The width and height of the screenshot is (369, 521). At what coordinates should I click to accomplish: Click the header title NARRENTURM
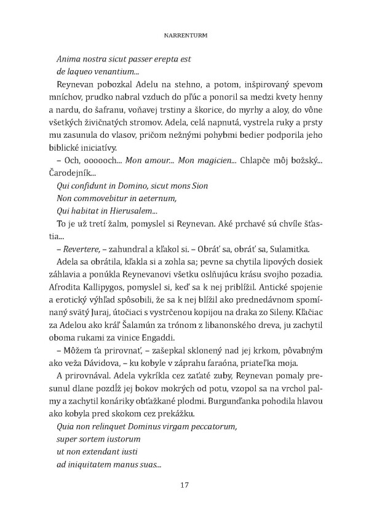point(184,36)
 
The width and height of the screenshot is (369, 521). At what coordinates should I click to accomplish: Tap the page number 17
point(184,485)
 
